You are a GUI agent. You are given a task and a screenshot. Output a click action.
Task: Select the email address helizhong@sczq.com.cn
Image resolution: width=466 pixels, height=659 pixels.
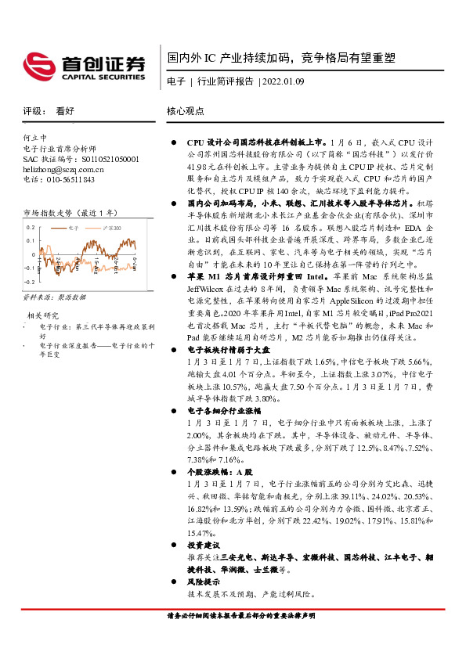63,169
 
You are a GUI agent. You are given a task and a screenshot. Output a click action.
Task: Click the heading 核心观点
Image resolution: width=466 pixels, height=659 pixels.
186,111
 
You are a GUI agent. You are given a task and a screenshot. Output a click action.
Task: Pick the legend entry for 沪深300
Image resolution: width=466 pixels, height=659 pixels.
111,227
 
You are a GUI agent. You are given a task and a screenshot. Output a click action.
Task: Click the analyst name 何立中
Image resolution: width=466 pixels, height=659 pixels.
36,137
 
